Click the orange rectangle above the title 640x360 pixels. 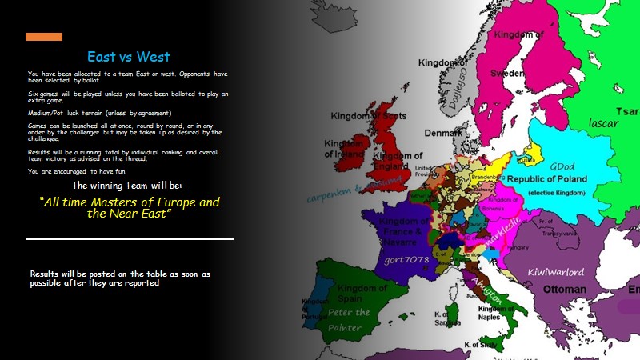pyautogui.click(x=44, y=37)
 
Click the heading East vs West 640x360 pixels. pyautogui.click(x=130, y=57)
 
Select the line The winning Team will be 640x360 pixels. pyautogui.click(x=130, y=186)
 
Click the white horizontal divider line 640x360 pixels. pyautogui.click(x=130, y=238)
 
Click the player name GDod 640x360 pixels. pyautogui.click(x=562, y=166)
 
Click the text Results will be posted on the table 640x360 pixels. pyautogui.click(x=120, y=278)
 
